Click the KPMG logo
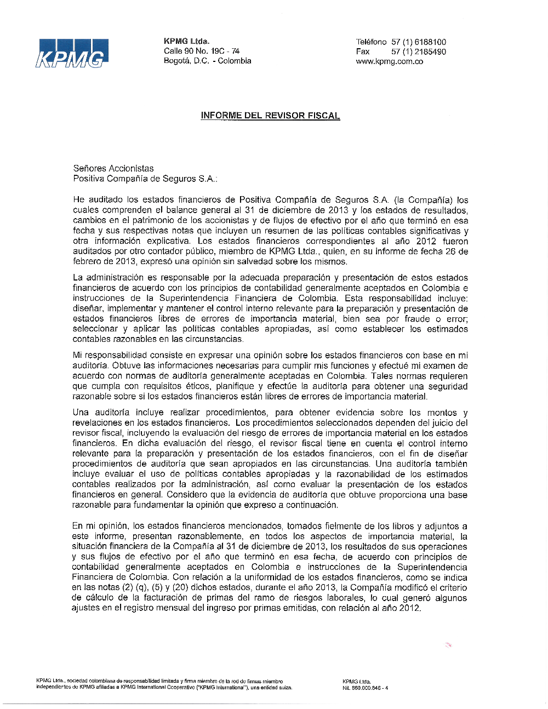(72, 54)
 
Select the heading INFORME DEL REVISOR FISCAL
(270, 116)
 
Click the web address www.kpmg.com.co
(389, 61)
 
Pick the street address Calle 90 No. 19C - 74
(201, 51)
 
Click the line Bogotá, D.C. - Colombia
(207, 61)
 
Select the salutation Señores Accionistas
(113, 168)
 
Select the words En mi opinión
(100, 526)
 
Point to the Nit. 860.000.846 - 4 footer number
(365, 688)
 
